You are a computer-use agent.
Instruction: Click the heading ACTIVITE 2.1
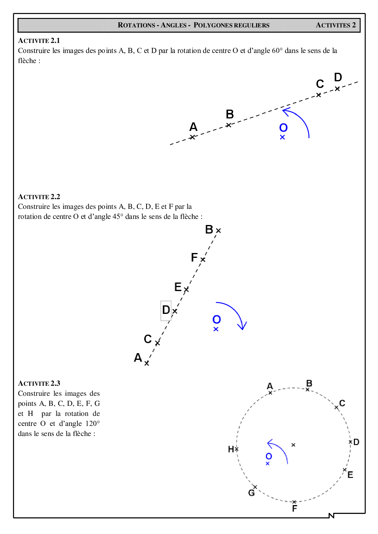point(39,40)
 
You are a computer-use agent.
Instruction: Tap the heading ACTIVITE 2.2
point(39,197)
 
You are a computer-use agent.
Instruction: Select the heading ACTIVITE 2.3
point(39,383)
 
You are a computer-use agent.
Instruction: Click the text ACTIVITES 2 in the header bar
point(336,25)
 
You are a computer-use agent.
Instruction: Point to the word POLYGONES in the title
point(210,25)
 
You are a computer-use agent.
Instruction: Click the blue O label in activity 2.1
point(283,128)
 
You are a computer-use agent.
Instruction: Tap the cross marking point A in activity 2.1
point(192,137)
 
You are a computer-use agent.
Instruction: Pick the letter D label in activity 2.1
point(338,77)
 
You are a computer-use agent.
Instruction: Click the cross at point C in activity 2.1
point(319,95)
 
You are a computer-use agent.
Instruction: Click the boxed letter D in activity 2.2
point(166,310)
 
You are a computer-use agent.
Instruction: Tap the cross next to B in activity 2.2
point(218,231)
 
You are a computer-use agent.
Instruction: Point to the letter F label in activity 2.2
point(194,258)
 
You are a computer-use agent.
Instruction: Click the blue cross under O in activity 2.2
point(216,329)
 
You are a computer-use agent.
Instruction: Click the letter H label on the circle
point(231,449)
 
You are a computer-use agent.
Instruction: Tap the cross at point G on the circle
point(255,487)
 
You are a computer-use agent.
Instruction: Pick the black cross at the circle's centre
point(293,445)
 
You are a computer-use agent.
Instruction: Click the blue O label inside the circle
point(269,456)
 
